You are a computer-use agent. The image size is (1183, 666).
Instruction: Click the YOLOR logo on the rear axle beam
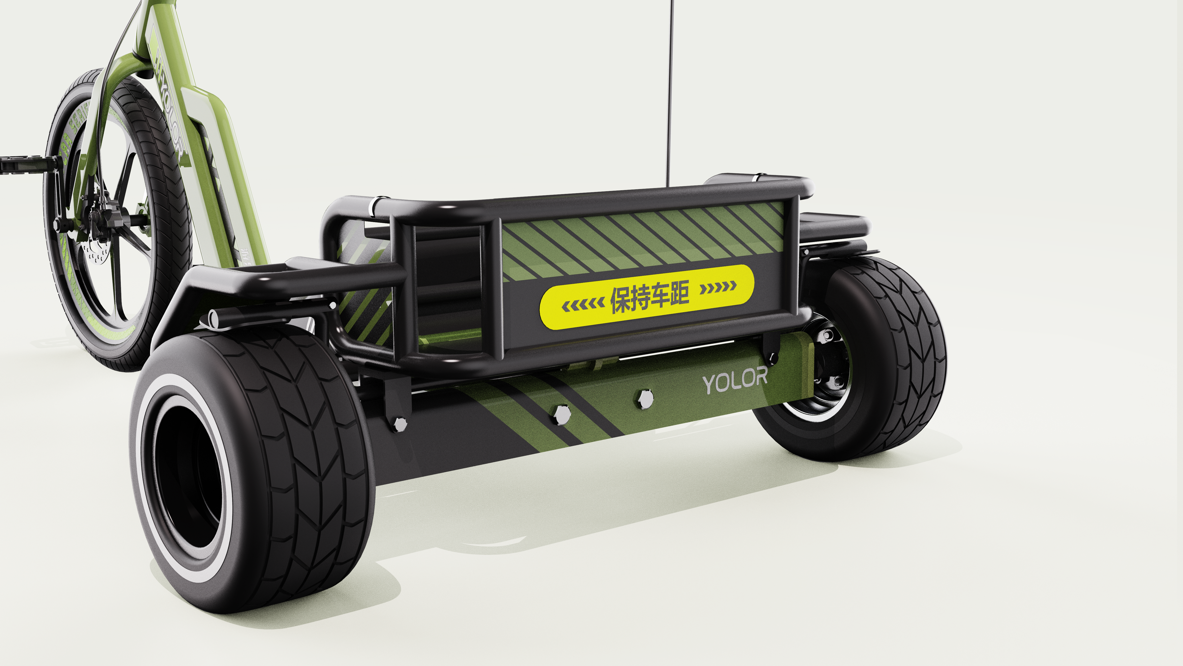pos(735,380)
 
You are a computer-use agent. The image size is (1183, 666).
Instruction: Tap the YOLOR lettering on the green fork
pos(171,115)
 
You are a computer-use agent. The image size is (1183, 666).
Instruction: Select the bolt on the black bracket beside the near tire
pos(400,424)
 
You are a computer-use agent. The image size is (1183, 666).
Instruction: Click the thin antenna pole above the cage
pos(671,92)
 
